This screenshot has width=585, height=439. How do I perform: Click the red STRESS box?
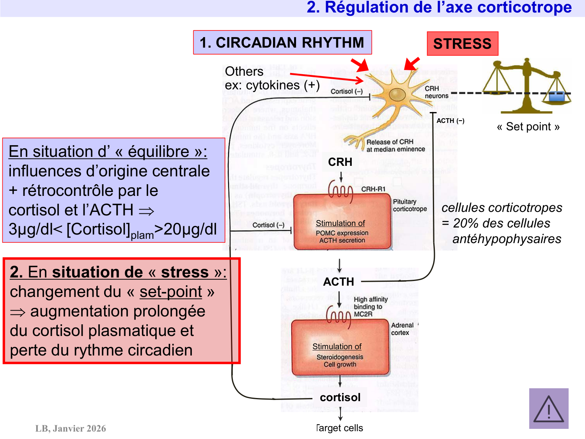tap(463, 44)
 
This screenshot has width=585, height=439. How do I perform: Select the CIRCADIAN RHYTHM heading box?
tap(282, 43)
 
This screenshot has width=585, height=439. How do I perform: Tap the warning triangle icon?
tap(548, 409)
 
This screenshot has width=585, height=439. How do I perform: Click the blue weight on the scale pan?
tap(557, 96)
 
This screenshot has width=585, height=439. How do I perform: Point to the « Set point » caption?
tap(528, 126)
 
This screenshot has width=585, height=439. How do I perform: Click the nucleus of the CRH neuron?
tap(397, 94)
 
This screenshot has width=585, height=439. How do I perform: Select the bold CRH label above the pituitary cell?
tap(340, 162)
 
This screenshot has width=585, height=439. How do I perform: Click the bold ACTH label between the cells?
tap(339, 282)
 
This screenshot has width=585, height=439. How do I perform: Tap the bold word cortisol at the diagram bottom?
tap(340, 397)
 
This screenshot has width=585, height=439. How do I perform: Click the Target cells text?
tap(340, 428)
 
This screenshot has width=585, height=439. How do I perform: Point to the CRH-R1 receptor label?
tap(373, 189)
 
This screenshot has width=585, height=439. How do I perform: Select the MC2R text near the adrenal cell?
tap(363, 314)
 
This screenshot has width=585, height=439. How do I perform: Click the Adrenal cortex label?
tap(402, 329)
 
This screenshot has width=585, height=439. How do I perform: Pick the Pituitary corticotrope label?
tap(409, 205)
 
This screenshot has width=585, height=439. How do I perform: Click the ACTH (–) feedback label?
tap(450, 121)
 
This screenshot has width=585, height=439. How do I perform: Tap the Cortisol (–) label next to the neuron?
tap(346, 91)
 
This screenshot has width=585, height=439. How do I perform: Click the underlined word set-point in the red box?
tap(171, 291)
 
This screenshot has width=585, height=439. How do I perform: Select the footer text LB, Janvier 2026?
tap(71, 428)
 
